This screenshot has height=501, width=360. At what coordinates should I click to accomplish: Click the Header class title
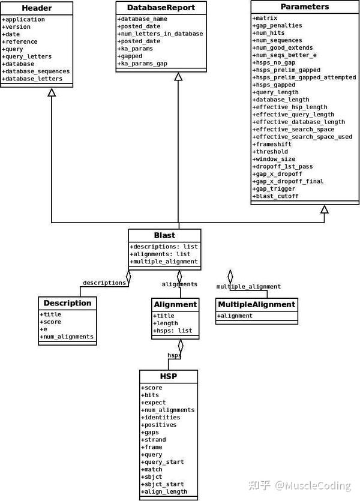coord(37,8)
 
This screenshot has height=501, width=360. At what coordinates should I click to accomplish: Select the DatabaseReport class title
coord(160,8)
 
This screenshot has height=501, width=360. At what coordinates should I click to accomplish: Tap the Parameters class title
coord(304,7)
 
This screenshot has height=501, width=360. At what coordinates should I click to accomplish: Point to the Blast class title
coord(164,235)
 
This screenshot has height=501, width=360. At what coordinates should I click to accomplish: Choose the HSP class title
coord(168,377)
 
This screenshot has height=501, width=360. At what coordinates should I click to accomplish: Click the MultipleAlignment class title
coord(256,304)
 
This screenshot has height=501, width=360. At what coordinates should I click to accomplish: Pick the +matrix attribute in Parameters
coord(266,18)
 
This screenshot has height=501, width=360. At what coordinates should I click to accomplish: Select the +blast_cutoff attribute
coord(277,196)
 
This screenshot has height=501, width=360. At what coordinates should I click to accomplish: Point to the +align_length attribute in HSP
coord(165,491)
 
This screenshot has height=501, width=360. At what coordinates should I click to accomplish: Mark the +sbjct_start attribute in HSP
coord(163,484)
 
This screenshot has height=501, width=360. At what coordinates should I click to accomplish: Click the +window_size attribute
coord(275,159)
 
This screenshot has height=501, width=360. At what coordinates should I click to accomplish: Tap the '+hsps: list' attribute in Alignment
coord(173,331)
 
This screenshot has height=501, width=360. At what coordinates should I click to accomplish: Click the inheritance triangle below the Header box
coord(52,92)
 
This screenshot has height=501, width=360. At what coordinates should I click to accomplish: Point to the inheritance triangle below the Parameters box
coord(324,209)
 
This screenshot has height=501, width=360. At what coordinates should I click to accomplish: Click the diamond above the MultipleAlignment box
coord(230,277)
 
